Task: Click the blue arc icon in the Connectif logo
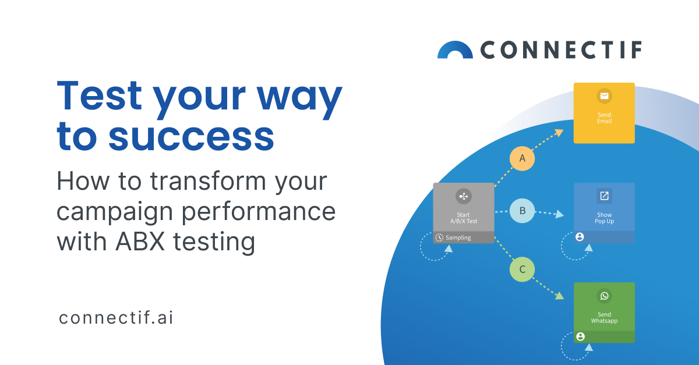click(455, 50)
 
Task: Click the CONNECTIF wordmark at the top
click(561, 50)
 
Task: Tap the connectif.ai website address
click(116, 318)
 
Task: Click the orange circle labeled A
click(522, 158)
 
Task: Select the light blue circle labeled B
click(522, 211)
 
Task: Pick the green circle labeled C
click(522, 270)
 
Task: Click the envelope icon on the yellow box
click(604, 97)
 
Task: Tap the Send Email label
click(604, 118)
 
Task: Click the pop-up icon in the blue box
click(604, 196)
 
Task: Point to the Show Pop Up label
click(604, 218)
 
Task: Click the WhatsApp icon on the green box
click(604, 296)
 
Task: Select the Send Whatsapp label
click(604, 318)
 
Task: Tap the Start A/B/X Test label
click(464, 218)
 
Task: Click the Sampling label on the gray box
click(458, 238)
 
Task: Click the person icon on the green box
click(580, 336)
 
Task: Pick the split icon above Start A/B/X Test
click(464, 197)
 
